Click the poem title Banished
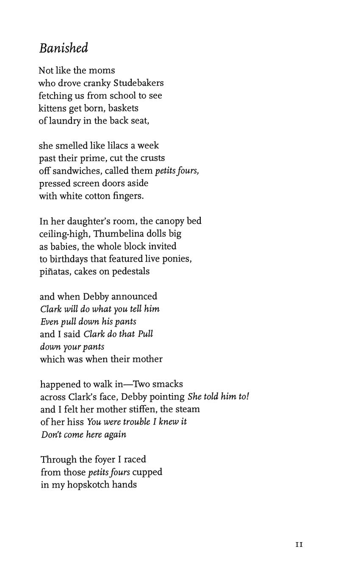click(x=64, y=48)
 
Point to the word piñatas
click(x=55, y=272)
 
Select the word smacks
click(x=167, y=384)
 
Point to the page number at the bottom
click(x=299, y=545)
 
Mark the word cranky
click(x=97, y=83)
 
